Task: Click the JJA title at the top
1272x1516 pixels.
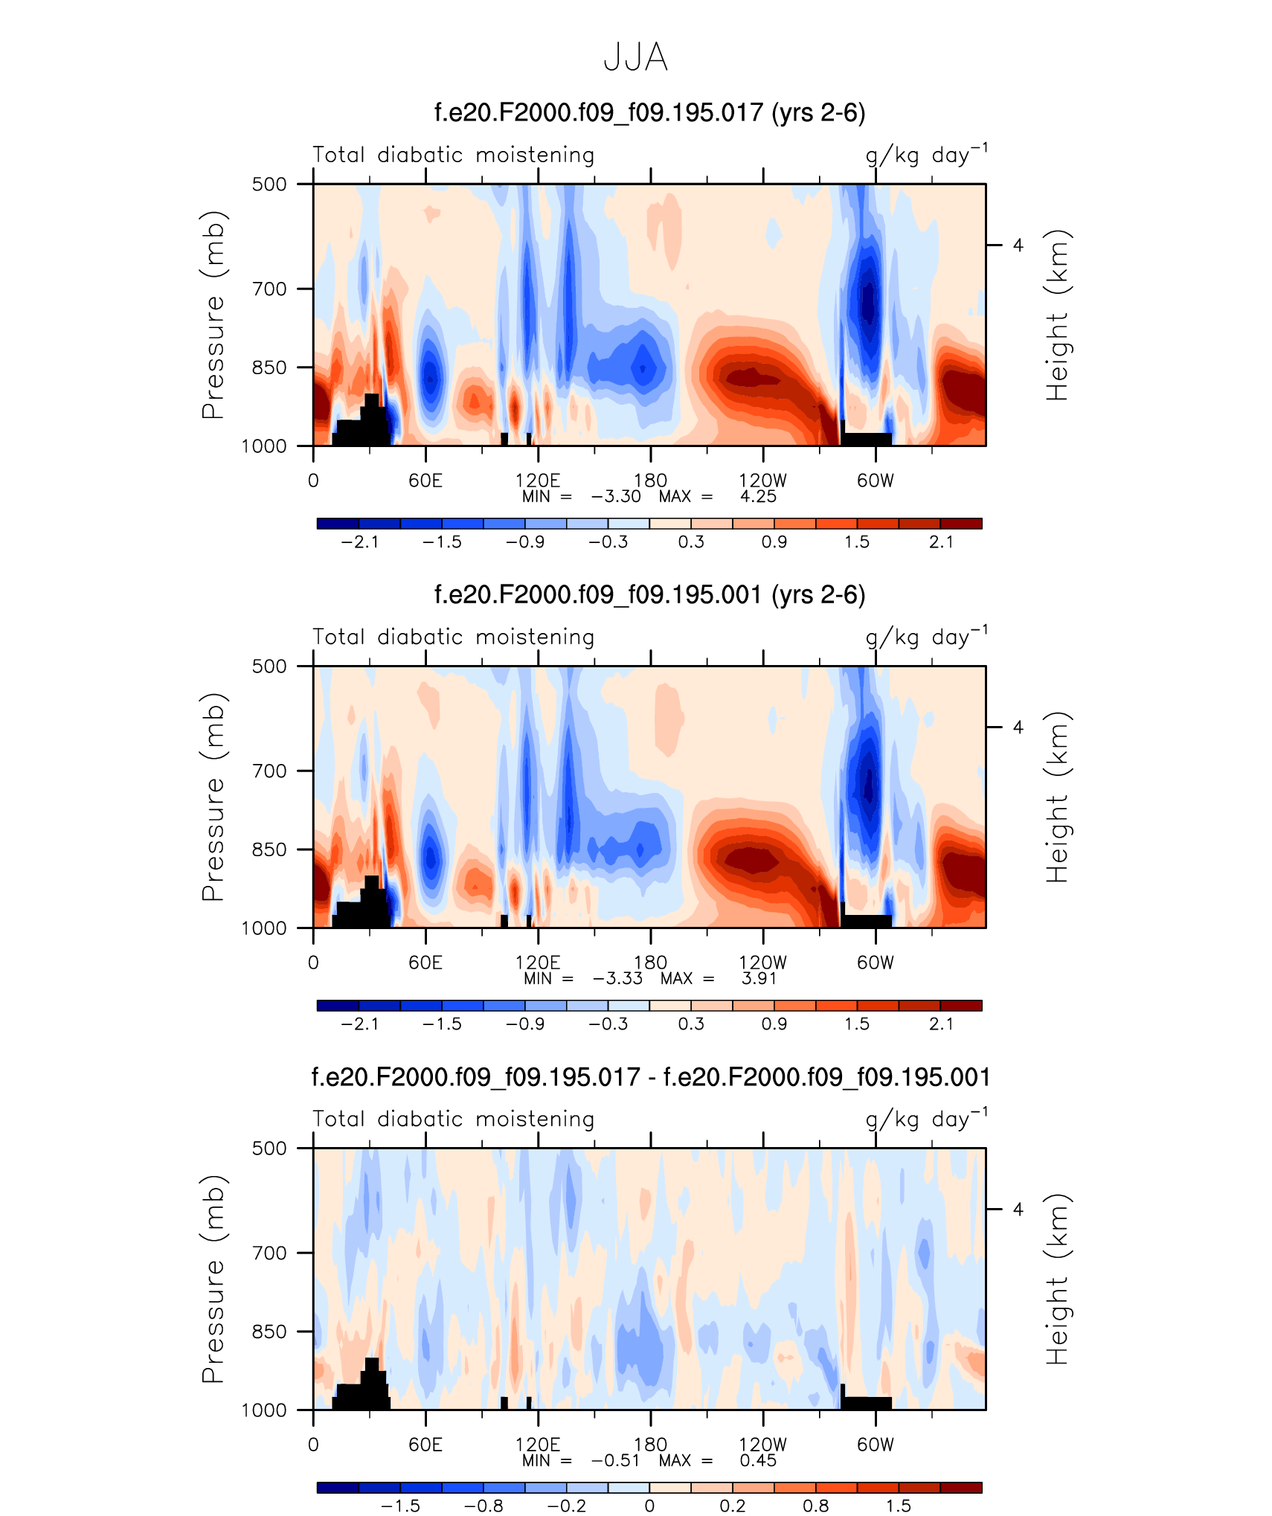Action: tap(635, 57)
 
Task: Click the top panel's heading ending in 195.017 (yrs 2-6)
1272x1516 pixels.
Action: tap(649, 113)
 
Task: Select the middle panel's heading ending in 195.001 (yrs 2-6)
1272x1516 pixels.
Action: tap(649, 595)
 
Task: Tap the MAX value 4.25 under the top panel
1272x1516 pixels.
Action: tap(758, 497)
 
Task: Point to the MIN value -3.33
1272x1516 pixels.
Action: tap(617, 978)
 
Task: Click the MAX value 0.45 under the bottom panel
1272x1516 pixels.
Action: tap(758, 1460)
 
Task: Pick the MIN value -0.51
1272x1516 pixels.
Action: tap(615, 1460)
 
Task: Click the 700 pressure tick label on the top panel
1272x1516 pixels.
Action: tap(269, 289)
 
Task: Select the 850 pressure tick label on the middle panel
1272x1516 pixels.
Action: tap(269, 849)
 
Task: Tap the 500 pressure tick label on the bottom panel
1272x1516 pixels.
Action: tap(269, 1149)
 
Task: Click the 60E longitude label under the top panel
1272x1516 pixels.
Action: tap(425, 481)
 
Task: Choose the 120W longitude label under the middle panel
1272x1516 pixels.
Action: tap(762, 963)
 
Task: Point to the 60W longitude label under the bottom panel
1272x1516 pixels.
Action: tap(875, 1445)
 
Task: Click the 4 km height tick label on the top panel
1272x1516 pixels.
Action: tap(1018, 245)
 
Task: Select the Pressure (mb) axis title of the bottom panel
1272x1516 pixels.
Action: tap(213, 1279)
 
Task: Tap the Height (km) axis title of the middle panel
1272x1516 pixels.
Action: tap(1056, 797)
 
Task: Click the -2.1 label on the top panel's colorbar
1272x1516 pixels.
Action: tap(360, 542)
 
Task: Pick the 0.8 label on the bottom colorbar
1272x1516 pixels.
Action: tap(815, 1506)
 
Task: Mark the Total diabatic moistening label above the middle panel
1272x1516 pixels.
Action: tap(453, 637)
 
